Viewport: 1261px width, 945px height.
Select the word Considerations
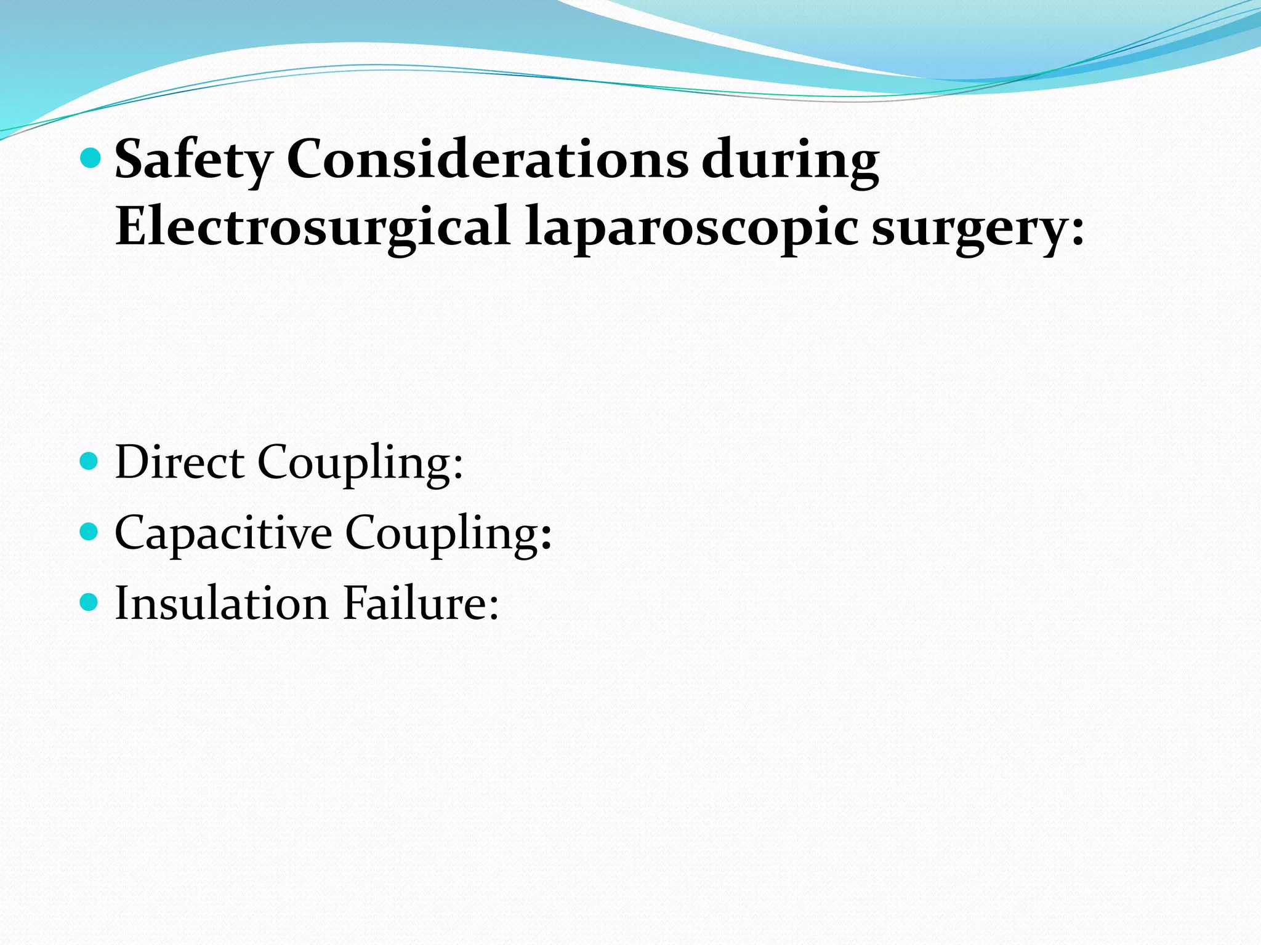[x=487, y=159]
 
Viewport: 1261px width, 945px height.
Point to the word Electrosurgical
[x=313, y=227]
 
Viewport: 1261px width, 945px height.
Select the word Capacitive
[x=223, y=532]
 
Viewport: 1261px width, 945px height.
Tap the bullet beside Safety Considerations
[x=90, y=159]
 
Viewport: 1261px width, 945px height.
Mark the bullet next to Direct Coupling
[x=90, y=461]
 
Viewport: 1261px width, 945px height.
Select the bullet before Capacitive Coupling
[x=90, y=532]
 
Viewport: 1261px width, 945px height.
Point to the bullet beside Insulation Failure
[x=90, y=602]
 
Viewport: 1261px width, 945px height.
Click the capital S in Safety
[x=132, y=159]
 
